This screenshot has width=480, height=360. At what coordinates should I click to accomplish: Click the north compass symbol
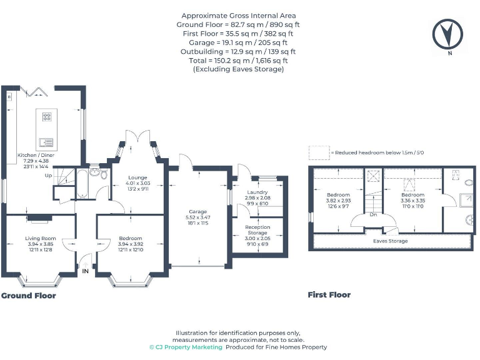click(x=447, y=34)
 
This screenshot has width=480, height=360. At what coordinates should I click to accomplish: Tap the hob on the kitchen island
click(x=47, y=117)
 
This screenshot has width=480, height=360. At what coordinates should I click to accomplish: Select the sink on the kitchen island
click(x=46, y=142)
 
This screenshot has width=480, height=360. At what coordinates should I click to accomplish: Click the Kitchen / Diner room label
click(x=36, y=155)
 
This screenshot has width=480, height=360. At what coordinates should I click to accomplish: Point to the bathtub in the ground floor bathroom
click(x=82, y=183)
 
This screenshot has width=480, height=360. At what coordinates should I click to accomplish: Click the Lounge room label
click(x=137, y=177)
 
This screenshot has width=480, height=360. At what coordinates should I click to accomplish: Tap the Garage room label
click(x=197, y=211)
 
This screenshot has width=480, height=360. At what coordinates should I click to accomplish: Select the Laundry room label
click(x=257, y=192)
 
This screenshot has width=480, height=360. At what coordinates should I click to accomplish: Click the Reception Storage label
click(x=257, y=230)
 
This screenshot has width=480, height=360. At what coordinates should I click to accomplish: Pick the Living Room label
click(x=41, y=239)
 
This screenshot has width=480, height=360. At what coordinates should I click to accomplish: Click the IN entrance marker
click(x=86, y=271)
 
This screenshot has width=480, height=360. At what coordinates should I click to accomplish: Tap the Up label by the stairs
click(x=48, y=176)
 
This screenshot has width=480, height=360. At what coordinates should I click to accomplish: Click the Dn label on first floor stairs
click(x=373, y=214)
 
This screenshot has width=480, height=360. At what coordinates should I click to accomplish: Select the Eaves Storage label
click(x=390, y=241)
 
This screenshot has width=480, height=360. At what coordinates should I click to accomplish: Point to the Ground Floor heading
click(x=29, y=296)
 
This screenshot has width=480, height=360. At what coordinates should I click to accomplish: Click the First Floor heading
click(x=329, y=295)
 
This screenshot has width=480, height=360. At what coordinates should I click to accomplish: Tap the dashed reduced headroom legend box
click(x=319, y=152)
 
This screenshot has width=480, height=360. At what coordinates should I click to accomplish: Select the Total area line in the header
click(x=238, y=61)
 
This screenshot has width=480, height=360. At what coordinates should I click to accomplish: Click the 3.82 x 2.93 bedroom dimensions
click(x=338, y=201)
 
